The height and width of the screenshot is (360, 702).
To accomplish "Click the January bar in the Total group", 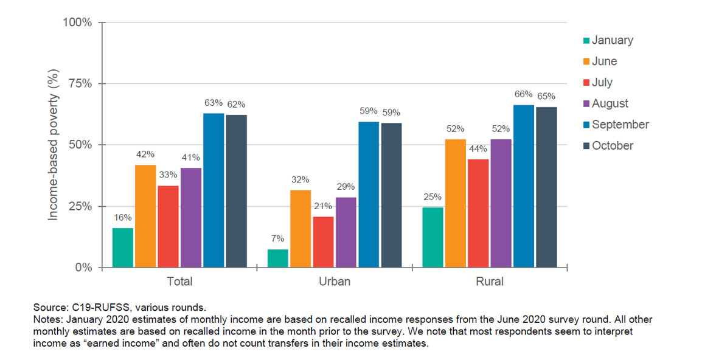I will [x=122, y=247].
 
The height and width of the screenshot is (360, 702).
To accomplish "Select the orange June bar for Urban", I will [x=301, y=229].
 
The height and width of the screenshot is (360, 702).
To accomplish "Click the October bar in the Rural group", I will [x=546, y=187].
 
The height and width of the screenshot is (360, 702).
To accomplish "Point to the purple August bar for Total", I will [x=191, y=217].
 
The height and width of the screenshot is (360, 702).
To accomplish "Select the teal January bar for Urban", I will [x=277, y=258].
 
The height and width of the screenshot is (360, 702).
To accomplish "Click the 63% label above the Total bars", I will [x=214, y=103].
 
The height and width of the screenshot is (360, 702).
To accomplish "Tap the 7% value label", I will [x=277, y=239].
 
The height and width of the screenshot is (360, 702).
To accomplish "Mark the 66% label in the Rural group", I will [x=523, y=94].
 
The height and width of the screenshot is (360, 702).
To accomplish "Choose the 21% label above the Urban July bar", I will [x=323, y=206].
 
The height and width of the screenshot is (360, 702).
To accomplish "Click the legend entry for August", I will [x=610, y=103].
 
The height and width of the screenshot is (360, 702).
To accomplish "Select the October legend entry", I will [x=612, y=145].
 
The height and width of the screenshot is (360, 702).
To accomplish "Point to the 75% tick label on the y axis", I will [x=78, y=83].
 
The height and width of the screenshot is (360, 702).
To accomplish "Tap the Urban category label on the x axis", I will [x=335, y=282].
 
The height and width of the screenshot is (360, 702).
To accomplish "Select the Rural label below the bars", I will [x=490, y=282].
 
